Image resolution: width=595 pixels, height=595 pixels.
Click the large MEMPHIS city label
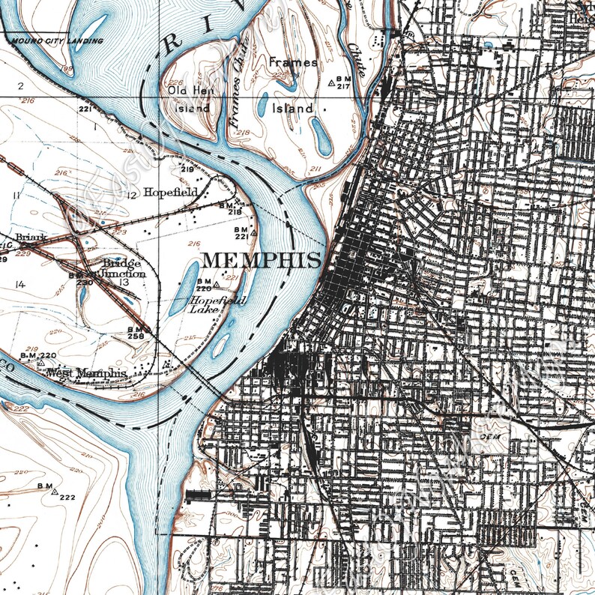tap(263, 260)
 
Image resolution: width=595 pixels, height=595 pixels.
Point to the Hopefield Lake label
tap(206, 303)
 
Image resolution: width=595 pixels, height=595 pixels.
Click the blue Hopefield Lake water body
tap(184, 288)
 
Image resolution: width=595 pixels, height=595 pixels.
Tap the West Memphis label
tap(85, 372)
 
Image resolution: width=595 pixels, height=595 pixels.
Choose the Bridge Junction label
tap(123, 268)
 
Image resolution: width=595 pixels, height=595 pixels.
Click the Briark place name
tap(31, 238)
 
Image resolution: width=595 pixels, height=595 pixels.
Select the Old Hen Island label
tap(188, 98)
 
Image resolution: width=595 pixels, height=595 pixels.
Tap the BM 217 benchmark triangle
tap(332, 83)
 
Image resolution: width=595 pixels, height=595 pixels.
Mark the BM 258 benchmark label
tap(136, 333)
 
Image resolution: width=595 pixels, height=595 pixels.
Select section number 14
tap(19, 284)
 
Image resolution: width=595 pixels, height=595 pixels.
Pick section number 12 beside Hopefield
tap(133, 195)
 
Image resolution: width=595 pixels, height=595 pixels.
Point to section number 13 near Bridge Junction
tap(123, 282)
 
